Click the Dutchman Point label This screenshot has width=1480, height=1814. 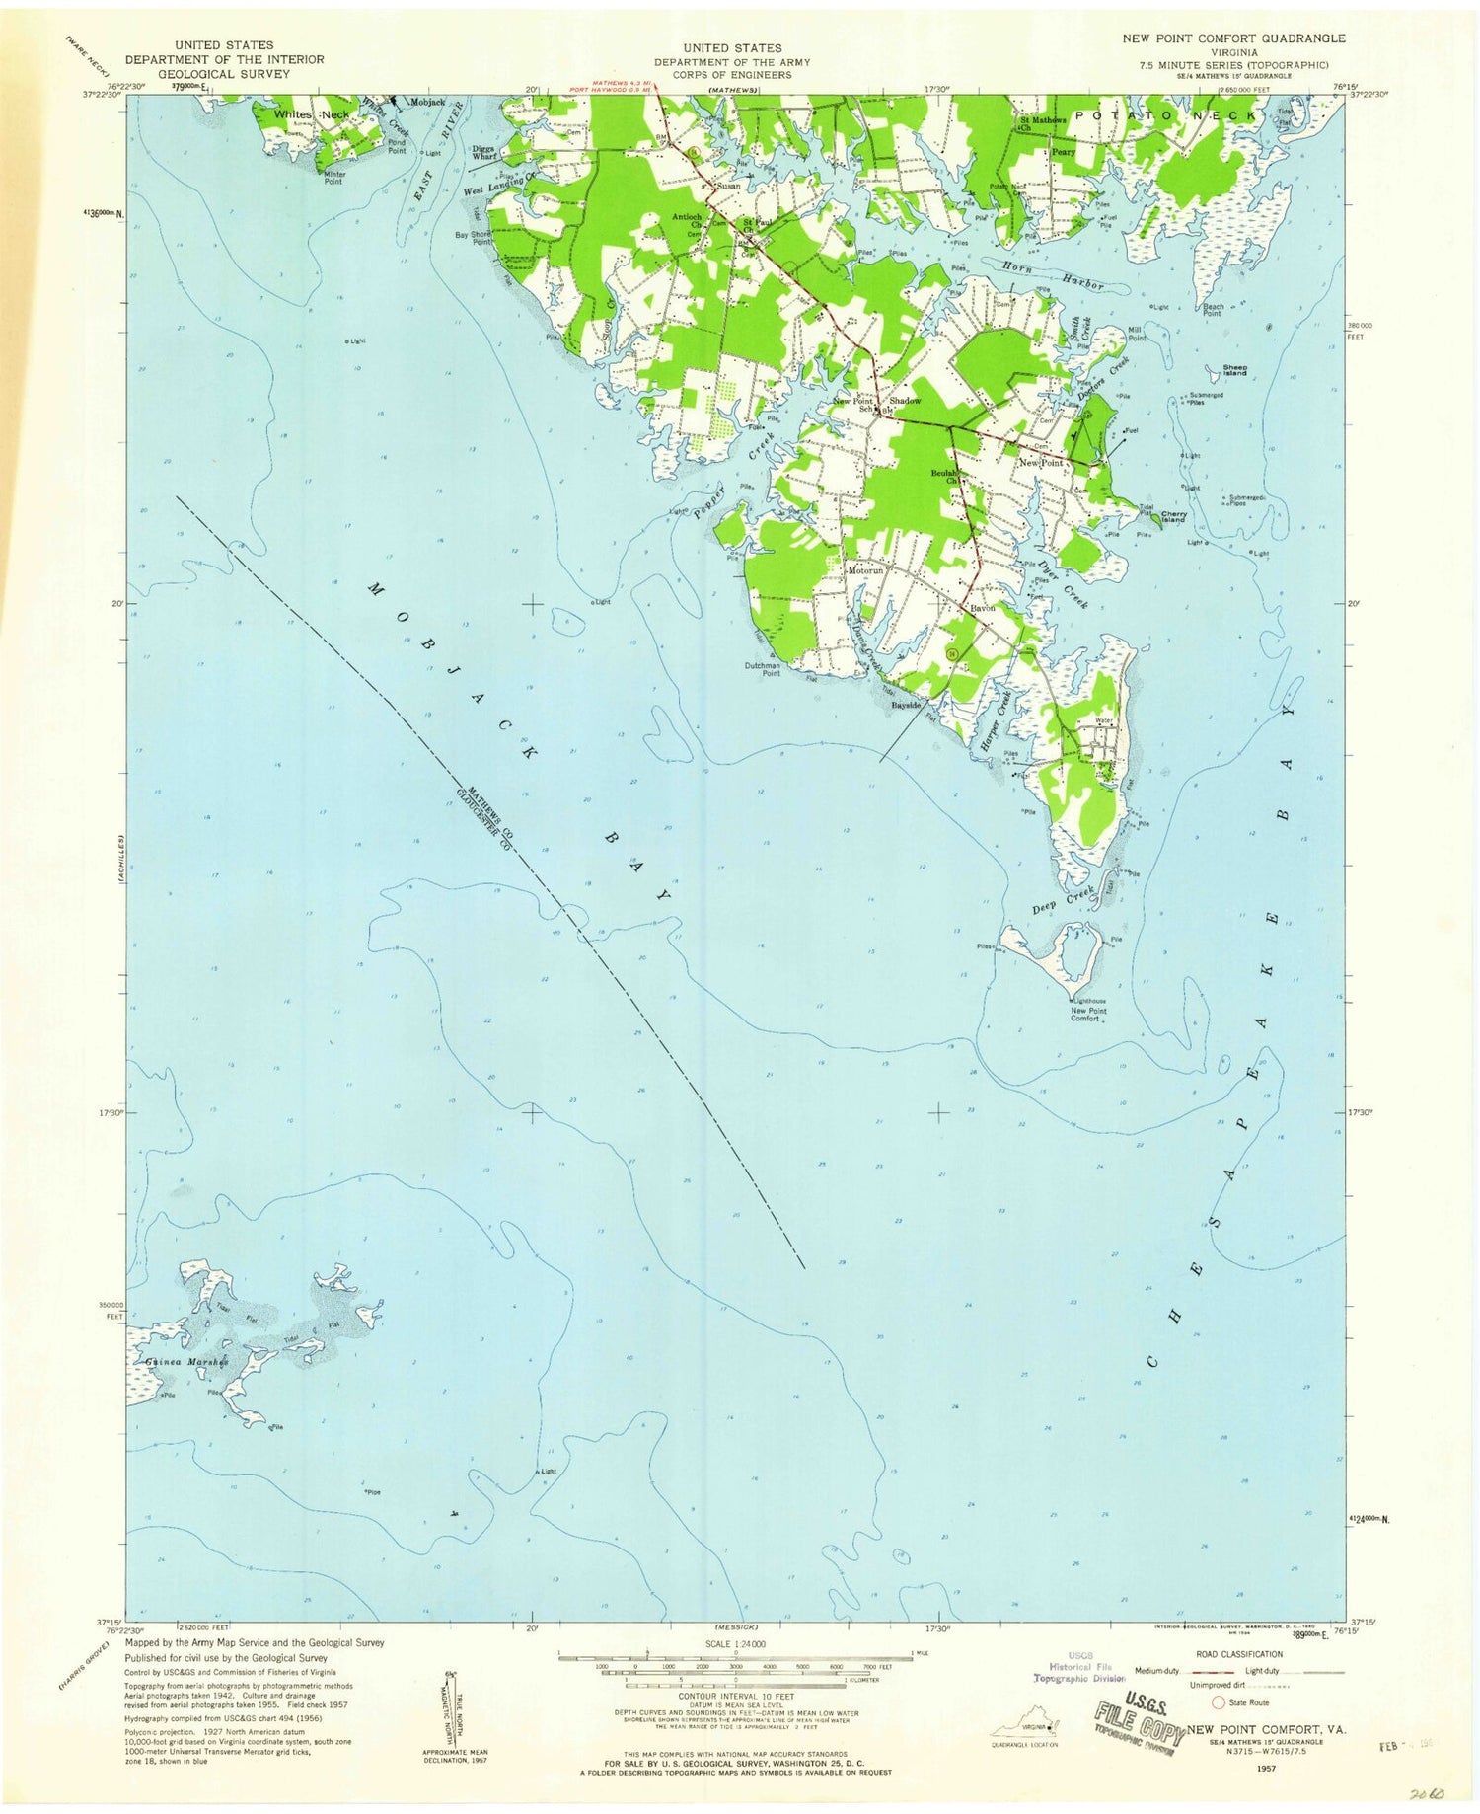click(x=762, y=669)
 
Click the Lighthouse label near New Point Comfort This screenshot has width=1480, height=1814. click(x=1088, y=1001)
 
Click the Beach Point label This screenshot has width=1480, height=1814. click(x=1213, y=309)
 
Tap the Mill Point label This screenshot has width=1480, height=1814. click(x=1136, y=334)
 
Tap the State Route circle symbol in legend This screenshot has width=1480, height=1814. click(x=1219, y=1701)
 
